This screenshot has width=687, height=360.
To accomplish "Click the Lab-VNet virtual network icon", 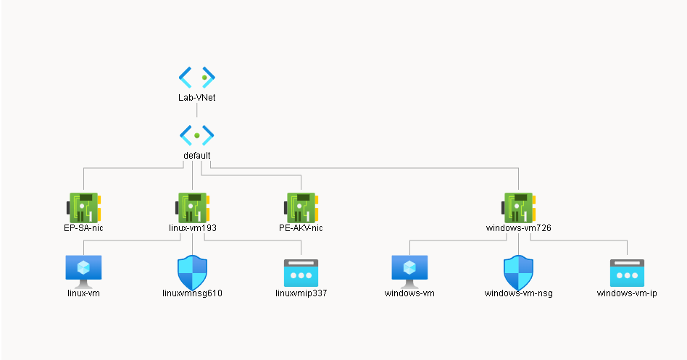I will point(197,77).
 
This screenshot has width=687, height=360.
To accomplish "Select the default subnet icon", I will point(197,135).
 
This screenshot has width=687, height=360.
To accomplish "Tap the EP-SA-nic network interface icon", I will point(83,206).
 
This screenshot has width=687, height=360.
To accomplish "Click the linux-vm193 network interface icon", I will point(192,206).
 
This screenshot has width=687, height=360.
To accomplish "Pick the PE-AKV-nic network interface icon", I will point(301,206).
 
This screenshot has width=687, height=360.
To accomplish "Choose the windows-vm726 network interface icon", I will point(518,206).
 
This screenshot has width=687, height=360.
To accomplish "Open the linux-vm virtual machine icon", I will point(83,270).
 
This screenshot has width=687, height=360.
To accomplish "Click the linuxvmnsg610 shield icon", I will point(192,272).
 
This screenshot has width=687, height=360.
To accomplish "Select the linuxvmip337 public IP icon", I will point(301,272).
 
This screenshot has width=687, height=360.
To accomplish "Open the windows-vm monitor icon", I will point(409,270).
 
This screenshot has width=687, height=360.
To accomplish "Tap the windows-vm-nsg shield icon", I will point(518,272).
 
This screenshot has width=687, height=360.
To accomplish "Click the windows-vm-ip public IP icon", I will point(627,272).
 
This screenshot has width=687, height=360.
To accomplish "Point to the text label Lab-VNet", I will point(197,97).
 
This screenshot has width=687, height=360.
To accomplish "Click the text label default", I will point(197,155).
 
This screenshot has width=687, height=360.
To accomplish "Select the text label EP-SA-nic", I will point(83,227).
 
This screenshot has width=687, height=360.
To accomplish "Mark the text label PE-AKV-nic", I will point(301,227).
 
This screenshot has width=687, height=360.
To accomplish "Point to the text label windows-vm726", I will point(518,227).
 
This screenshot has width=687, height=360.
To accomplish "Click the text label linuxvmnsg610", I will point(192,293).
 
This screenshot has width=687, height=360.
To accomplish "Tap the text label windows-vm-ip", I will point(627,293).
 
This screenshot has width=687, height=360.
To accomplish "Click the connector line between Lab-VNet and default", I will point(197,112).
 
